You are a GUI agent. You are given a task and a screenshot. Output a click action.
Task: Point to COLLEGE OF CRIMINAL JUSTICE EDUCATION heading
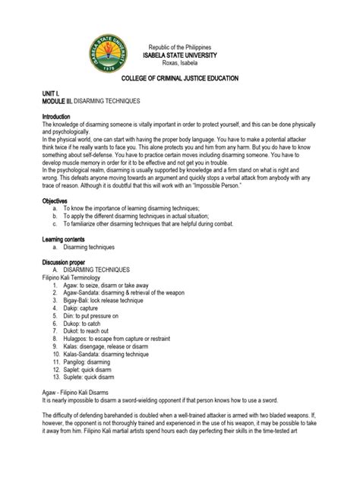click(180, 78)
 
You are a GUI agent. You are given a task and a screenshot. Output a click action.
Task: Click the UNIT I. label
click(50, 91)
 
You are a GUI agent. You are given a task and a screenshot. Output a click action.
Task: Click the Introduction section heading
click(59, 115)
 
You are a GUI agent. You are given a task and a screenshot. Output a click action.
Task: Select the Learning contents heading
click(66, 238)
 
